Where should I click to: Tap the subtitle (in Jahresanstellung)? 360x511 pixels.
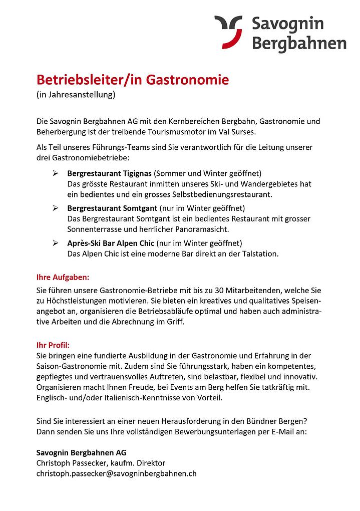(x=76, y=94)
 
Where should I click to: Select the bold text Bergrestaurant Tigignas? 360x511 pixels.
(x=109, y=174)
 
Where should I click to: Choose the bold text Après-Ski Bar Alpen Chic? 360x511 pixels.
(x=111, y=243)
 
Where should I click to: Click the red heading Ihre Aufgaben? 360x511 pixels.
(x=63, y=277)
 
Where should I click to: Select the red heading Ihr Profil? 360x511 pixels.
(x=53, y=345)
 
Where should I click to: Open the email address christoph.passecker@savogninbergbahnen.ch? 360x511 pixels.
(x=116, y=472)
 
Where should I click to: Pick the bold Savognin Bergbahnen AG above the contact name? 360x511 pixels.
(x=82, y=452)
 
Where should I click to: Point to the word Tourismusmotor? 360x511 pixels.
(x=192, y=132)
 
